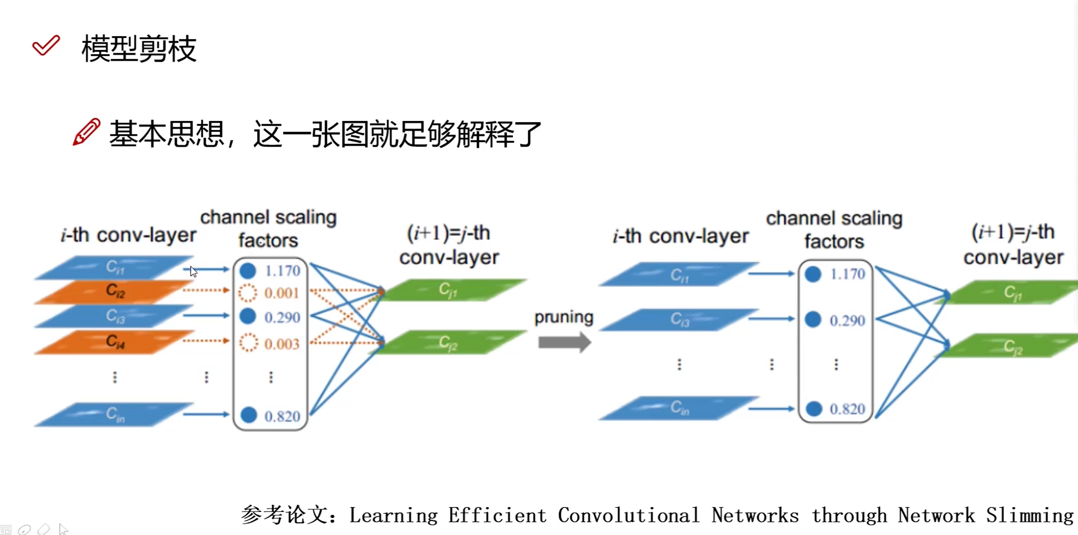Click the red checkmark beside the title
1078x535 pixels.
pyautogui.click(x=46, y=46)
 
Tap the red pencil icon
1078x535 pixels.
pyautogui.click(x=86, y=132)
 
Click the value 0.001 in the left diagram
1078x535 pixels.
pyautogui.click(x=282, y=293)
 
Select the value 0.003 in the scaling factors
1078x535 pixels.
pyautogui.click(x=282, y=344)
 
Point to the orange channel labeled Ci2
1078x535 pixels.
pyautogui.click(x=115, y=291)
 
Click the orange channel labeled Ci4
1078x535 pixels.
pyautogui.click(x=115, y=342)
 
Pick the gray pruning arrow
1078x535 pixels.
pyautogui.click(x=564, y=342)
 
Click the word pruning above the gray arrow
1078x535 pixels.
pyautogui.click(x=564, y=317)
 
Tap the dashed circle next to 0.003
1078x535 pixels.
pyautogui.click(x=248, y=343)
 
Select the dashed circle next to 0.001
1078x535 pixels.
pyautogui.click(x=248, y=293)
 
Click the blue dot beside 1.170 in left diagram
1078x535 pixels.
pyautogui.click(x=248, y=271)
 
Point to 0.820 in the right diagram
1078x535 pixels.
pyautogui.click(x=847, y=409)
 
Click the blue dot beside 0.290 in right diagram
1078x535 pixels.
pyautogui.click(x=813, y=319)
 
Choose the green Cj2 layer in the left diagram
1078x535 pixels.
pyautogui.click(x=448, y=343)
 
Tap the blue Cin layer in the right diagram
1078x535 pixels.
pyautogui.click(x=679, y=408)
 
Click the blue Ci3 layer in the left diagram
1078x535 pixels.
pyautogui.click(x=115, y=316)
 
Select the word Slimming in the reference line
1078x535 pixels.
pyautogui.click(x=1029, y=515)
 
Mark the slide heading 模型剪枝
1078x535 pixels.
pyautogui.click(x=139, y=49)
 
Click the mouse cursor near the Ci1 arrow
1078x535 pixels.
pyautogui.click(x=194, y=272)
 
